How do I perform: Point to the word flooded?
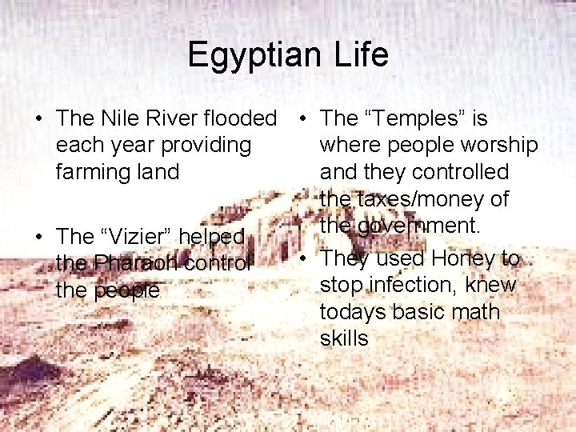[x=239, y=118]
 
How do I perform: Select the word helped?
[x=211, y=236]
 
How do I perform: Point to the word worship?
[x=498, y=145]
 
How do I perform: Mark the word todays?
[x=352, y=311]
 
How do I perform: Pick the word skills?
[x=344, y=338]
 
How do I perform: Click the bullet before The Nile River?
[x=39, y=119]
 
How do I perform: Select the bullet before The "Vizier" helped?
[x=39, y=237]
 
